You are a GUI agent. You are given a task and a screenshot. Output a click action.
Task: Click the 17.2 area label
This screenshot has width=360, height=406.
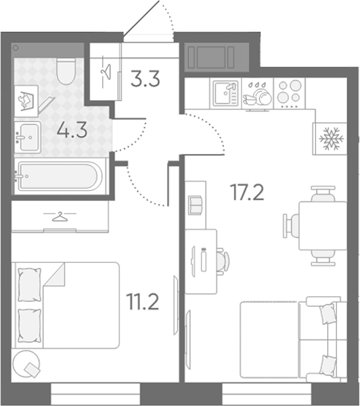click(x=248, y=192)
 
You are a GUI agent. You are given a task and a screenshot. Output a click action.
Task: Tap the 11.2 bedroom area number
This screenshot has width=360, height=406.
click(x=143, y=301)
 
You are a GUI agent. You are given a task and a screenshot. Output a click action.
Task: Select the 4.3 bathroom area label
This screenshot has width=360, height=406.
click(x=72, y=130)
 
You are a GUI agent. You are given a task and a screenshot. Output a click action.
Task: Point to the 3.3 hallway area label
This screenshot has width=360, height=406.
click(x=145, y=78)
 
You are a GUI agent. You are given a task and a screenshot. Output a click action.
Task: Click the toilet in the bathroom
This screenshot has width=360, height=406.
click(x=66, y=71)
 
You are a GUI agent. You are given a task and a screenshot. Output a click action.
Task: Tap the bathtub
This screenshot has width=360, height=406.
click(x=60, y=176)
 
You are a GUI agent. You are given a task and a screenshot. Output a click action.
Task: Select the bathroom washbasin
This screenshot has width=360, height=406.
click(x=28, y=137)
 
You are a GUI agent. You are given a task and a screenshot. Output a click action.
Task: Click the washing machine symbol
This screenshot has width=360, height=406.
click(x=26, y=101)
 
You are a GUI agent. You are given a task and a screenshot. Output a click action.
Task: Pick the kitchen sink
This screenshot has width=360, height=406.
click(x=226, y=93)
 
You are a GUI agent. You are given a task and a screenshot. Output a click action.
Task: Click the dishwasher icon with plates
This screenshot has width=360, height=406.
click(x=257, y=94)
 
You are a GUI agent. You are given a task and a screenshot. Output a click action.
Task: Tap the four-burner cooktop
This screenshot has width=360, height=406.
click(x=290, y=93)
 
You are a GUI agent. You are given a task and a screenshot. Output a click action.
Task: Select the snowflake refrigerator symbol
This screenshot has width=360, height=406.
click(x=332, y=139)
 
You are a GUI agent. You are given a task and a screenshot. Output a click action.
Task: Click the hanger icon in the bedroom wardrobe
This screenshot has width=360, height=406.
click(x=60, y=217)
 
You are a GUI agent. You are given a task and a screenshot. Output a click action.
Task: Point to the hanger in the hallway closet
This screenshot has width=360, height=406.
click(x=105, y=71)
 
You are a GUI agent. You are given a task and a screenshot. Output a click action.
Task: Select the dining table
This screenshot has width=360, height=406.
click(x=323, y=226)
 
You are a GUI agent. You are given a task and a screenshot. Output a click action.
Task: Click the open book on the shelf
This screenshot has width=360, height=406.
click(x=196, y=205)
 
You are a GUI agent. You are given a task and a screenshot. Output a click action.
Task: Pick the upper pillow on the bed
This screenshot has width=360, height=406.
click(x=30, y=285)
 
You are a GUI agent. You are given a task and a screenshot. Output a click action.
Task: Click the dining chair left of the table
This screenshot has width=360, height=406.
click(x=291, y=225)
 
